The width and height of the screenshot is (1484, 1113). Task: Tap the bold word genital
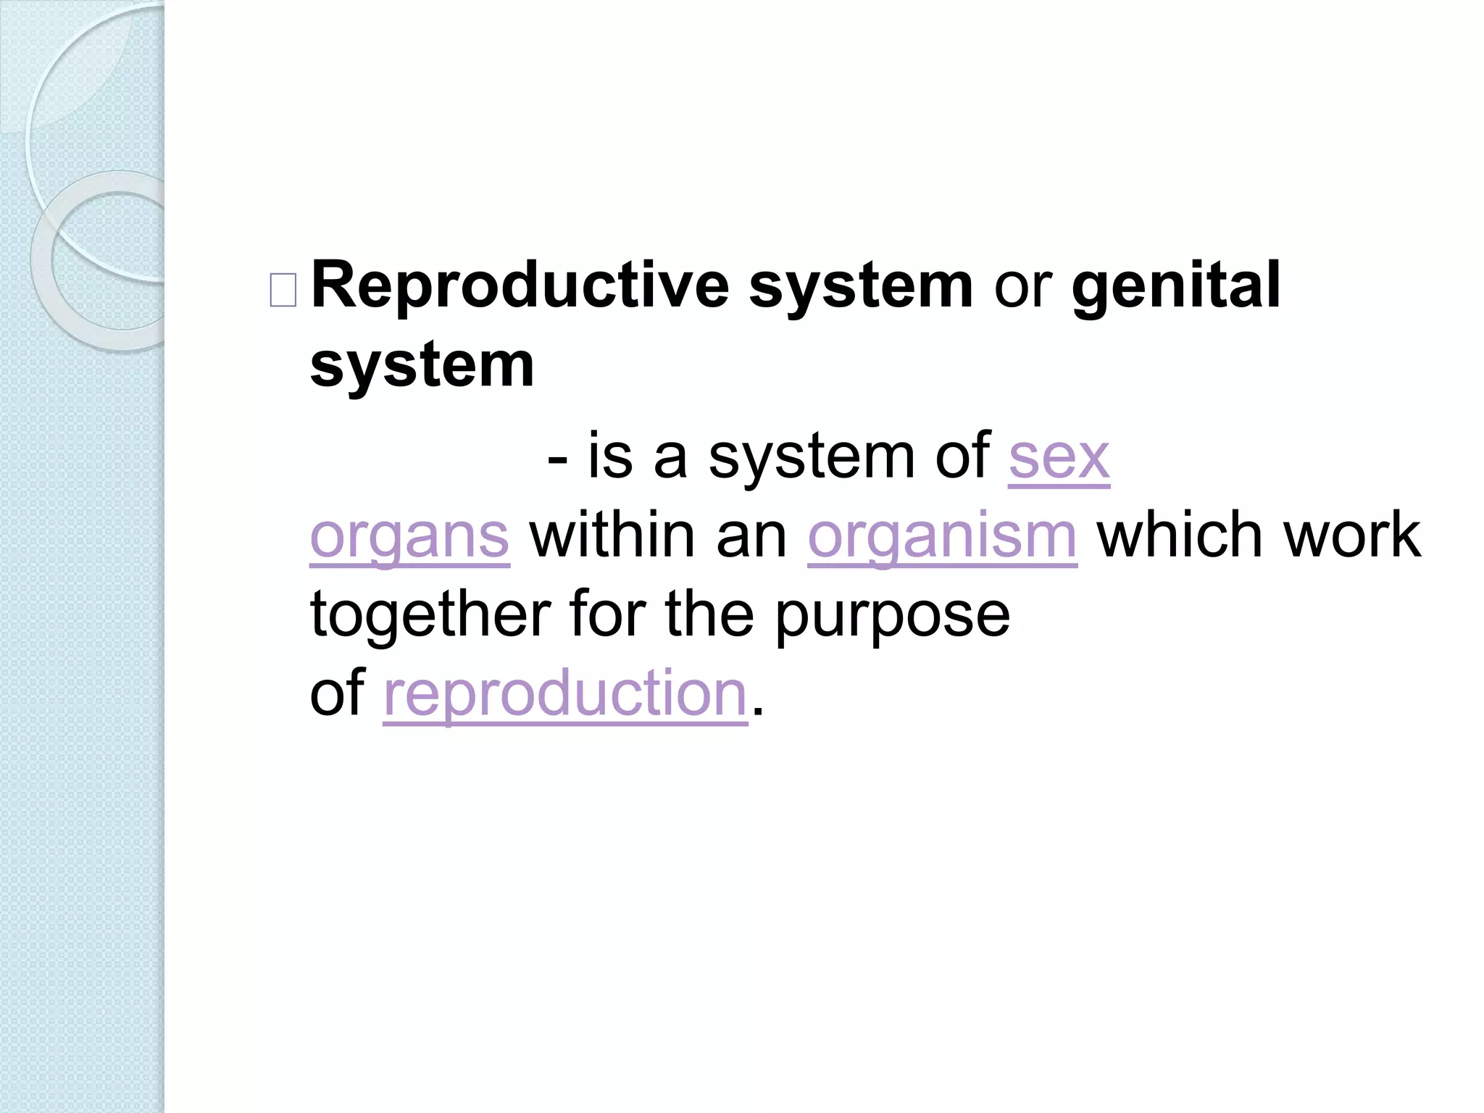click(x=1176, y=287)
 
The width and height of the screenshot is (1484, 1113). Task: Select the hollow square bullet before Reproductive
click(x=283, y=291)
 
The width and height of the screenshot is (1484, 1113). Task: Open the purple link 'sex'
click(x=1059, y=458)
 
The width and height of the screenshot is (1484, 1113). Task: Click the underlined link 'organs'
click(x=409, y=538)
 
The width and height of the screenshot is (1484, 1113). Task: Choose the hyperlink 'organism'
click(x=942, y=538)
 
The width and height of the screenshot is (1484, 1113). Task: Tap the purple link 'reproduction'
click(x=565, y=694)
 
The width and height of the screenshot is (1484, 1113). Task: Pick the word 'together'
click(x=430, y=615)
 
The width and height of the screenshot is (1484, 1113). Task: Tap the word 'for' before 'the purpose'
click(x=606, y=615)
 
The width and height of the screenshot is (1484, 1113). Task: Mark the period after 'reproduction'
click(x=758, y=711)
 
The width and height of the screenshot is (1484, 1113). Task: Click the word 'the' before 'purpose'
click(x=709, y=615)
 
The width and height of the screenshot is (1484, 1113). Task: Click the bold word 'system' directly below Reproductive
click(x=422, y=366)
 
